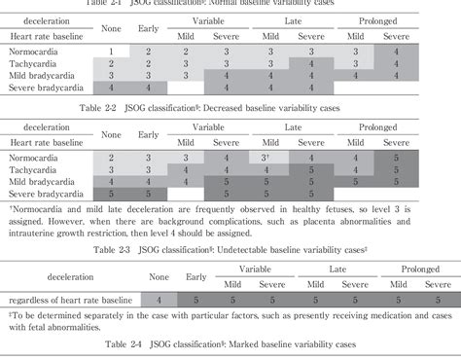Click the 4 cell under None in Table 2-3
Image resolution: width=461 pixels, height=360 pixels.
click(x=159, y=300)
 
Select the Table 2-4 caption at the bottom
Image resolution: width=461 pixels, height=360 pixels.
click(x=231, y=345)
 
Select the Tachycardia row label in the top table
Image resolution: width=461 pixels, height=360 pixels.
click(x=34, y=63)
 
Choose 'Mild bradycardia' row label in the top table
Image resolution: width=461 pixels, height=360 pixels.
click(x=41, y=75)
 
